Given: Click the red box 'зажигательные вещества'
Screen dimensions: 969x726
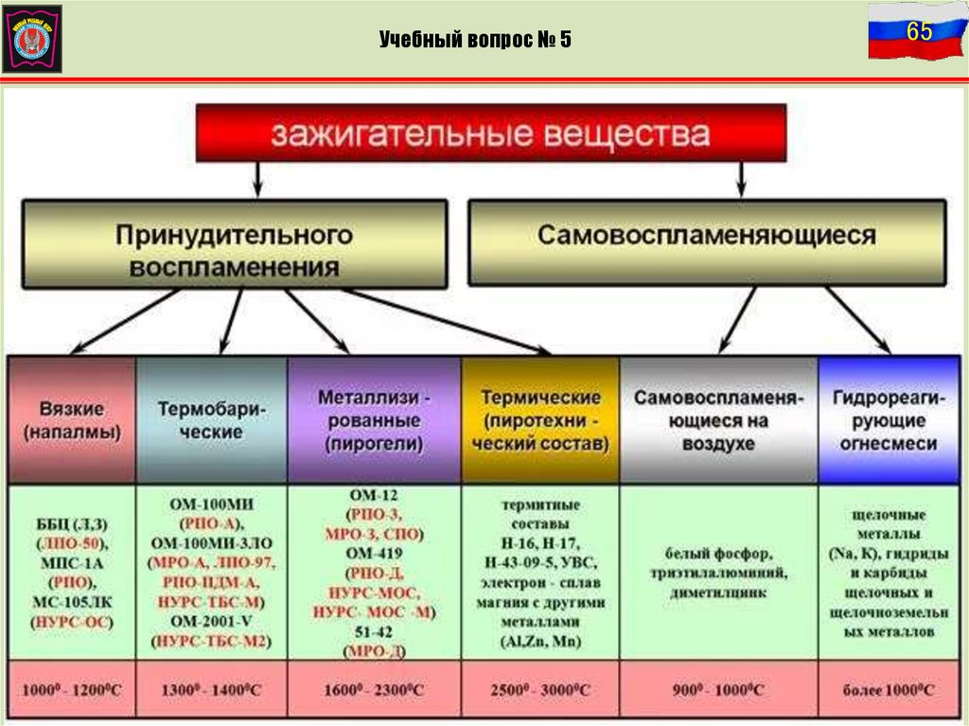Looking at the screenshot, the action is (x=490, y=133).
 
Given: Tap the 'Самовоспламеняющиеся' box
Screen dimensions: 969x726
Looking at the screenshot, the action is (x=707, y=237).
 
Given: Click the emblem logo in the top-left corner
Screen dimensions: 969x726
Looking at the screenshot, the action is (x=32, y=38).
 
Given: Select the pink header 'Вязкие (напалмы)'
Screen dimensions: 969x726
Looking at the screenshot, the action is (x=72, y=420).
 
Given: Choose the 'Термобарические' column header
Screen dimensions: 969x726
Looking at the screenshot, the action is (x=212, y=420).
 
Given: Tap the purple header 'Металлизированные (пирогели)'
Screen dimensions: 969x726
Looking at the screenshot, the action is (x=374, y=420).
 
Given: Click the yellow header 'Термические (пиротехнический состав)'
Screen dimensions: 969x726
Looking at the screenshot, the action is (x=540, y=420).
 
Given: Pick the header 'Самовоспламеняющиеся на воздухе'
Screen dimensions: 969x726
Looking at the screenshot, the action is (x=719, y=420).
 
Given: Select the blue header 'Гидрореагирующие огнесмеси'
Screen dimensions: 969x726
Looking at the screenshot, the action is (x=887, y=420).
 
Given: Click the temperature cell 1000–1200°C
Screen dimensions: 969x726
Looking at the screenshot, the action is (x=72, y=690).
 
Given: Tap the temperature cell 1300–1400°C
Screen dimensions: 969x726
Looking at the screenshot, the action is (x=212, y=690).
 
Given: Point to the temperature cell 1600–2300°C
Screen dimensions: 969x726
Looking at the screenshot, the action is (x=374, y=690).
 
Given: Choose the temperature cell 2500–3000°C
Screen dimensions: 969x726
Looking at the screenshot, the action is (x=540, y=690).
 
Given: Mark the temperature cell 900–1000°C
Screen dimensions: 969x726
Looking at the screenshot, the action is (x=719, y=690).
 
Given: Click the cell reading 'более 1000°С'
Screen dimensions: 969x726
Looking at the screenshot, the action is (x=887, y=690).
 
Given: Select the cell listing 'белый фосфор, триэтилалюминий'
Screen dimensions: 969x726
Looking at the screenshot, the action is (x=719, y=573).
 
